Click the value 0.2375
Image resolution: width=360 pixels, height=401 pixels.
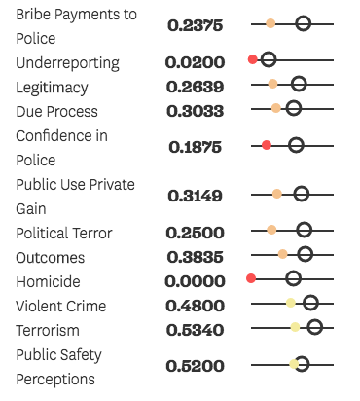[195, 26]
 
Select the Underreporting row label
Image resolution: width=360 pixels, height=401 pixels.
[67, 63]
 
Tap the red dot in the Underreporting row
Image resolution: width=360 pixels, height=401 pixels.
[253, 60]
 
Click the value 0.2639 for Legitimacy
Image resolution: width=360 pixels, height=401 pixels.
[195, 87]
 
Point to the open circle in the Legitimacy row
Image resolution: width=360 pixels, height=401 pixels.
[299, 84]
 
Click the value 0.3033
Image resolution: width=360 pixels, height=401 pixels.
[195, 111]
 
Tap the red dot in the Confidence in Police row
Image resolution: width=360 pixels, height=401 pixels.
[267, 145]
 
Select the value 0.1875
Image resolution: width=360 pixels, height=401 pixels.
[195, 148]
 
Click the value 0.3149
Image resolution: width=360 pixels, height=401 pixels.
[195, 196]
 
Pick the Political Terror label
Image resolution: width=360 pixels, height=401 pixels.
[64, 234]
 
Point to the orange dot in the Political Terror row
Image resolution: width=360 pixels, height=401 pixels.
[271, 230]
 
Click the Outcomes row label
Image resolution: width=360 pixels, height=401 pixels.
[51, 258]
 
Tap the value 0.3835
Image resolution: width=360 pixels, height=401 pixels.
[195, 258]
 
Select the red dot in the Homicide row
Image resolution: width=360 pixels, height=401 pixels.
[251, 278]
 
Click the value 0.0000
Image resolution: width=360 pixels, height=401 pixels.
[195, 281]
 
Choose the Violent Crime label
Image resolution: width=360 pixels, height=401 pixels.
[61, 307]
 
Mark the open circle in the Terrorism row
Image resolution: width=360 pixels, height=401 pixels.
[314, 327]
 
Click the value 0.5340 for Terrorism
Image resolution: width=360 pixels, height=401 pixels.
[195, 330]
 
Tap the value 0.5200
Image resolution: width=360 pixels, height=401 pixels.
[195, 367]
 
